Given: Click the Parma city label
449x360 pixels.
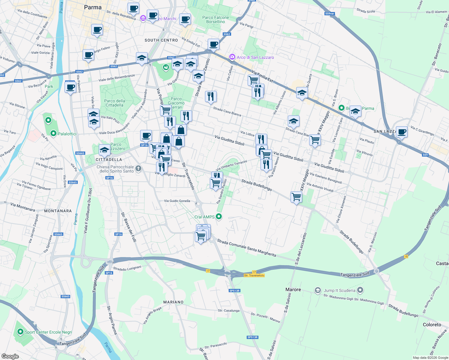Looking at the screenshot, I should pyautogui.click(x=93, y=7).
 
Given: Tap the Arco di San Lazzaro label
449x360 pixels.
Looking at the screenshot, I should pyautogui.click(x=255, y=57).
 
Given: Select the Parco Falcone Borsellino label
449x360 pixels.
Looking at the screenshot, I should pyautogui.click(x=215, y=19).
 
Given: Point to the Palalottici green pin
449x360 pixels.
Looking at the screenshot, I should pyautogui.click(x=53, y=133).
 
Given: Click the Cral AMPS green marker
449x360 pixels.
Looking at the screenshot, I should pyautogui.click(x=219, y=216).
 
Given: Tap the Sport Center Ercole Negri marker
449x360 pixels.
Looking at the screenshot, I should pyautogui.click(x=20, y=332).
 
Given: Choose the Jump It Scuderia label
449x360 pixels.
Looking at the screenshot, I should pyautogui.click(x=339, y=290).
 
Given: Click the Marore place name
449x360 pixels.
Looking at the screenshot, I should pyautogui.click(x=293, y=289).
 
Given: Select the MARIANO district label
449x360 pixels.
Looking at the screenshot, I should pyautogui.click(x=173, y=302).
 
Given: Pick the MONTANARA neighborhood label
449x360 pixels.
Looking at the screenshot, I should pyautogui.click(x=58, y=211).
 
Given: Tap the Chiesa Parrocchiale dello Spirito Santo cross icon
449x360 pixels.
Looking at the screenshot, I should pyautogui.click(x=138, y=168).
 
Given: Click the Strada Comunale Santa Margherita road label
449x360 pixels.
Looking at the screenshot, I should pyautogui.click(x=246, y=247).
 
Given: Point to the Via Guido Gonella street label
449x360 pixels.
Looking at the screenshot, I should pyautogui.click(x=177, y=201).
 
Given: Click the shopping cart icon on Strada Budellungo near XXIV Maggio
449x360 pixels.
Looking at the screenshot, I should pyautogui.click(x=296, y=197).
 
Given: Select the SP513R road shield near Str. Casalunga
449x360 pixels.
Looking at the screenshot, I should pyautogui.click(x=234, y=291).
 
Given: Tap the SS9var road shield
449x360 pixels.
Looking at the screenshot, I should pyautogui.click(x=329, y=13).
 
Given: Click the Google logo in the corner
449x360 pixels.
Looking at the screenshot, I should pyautogui.click(x=10, y=356).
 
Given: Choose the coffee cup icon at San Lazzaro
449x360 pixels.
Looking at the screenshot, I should pyautogui.click(x=402, y=132).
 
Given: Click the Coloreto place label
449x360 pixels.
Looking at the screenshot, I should pyautogui.click(x=432, y=325).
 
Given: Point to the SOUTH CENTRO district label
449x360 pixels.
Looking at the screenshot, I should pyautogui.click(x=161, y=40).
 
